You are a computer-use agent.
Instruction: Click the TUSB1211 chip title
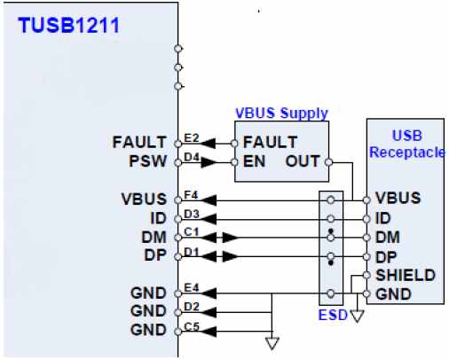[x=68, y=25]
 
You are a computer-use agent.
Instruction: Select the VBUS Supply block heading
[x=281, y=113]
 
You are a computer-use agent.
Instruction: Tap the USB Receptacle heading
[x=407, y=144]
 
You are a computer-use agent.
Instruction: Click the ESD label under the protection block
[x=333, y=315]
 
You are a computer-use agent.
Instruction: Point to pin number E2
[x=192, y=137]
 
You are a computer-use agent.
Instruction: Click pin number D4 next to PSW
[x=192, y=157]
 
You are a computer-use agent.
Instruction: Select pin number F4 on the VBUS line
[x=191, y=195]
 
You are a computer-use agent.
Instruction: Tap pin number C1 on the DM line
[x=192, y=232]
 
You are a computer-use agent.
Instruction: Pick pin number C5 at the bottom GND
[x=192, y=326]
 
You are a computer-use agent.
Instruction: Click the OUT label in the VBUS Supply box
[x=303, y=161]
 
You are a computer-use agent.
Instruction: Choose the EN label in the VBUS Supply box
[x=254, y=161]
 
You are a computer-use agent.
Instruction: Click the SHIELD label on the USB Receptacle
[x=406, y=275]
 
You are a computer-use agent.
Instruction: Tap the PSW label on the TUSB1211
[x=148, y=161]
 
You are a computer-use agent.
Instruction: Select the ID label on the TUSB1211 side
[x=159, y=218]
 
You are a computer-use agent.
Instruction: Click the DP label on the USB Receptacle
[x=386, y=257]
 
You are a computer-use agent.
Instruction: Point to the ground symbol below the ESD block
[x=357, y=316]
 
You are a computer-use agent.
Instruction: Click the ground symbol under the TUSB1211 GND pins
[x=272, y=344]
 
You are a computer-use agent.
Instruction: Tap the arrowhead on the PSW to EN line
[x=209, y=162]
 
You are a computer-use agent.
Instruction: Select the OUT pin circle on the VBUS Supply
[x=328, y=162]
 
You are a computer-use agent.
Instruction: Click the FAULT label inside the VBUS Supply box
[x=270, y=142]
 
